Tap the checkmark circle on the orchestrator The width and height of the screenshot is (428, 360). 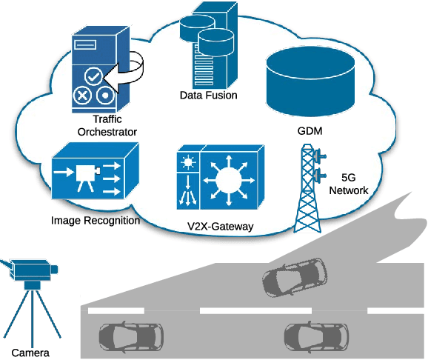click(x=93, y=76)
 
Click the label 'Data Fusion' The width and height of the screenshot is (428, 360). click(x=208, y=96)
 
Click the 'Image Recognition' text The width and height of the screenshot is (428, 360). click(x=96, y=220)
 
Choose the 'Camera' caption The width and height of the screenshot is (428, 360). click(x=30, y=353)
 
